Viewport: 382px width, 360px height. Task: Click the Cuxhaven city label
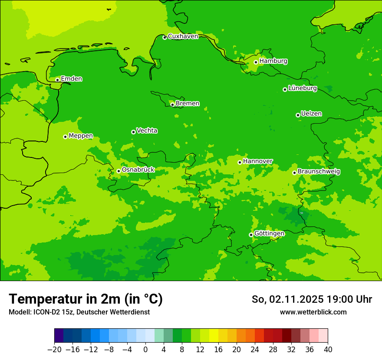183,36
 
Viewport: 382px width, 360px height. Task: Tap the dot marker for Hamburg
256,62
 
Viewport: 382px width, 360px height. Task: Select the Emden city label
71,79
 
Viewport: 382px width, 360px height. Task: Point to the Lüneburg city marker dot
285,89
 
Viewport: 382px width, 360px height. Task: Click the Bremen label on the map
188,104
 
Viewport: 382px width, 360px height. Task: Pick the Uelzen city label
311,114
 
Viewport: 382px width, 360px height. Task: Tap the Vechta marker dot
133,132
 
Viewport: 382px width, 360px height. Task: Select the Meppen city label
81,136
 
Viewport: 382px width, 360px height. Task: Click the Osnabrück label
138,170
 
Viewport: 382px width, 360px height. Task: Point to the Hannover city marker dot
240,162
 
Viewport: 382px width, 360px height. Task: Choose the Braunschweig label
319,172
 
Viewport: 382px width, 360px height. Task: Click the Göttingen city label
269,234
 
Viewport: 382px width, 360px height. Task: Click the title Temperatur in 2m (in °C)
86,299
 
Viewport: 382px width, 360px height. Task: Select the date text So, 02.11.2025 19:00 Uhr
312,299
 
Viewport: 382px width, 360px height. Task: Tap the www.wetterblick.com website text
313,312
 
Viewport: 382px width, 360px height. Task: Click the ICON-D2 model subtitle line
79,312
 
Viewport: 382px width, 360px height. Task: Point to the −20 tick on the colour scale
54,350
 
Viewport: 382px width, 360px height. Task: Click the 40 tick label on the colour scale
328,350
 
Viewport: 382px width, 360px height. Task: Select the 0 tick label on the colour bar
145,350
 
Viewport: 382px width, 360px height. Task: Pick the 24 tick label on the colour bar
255,350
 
